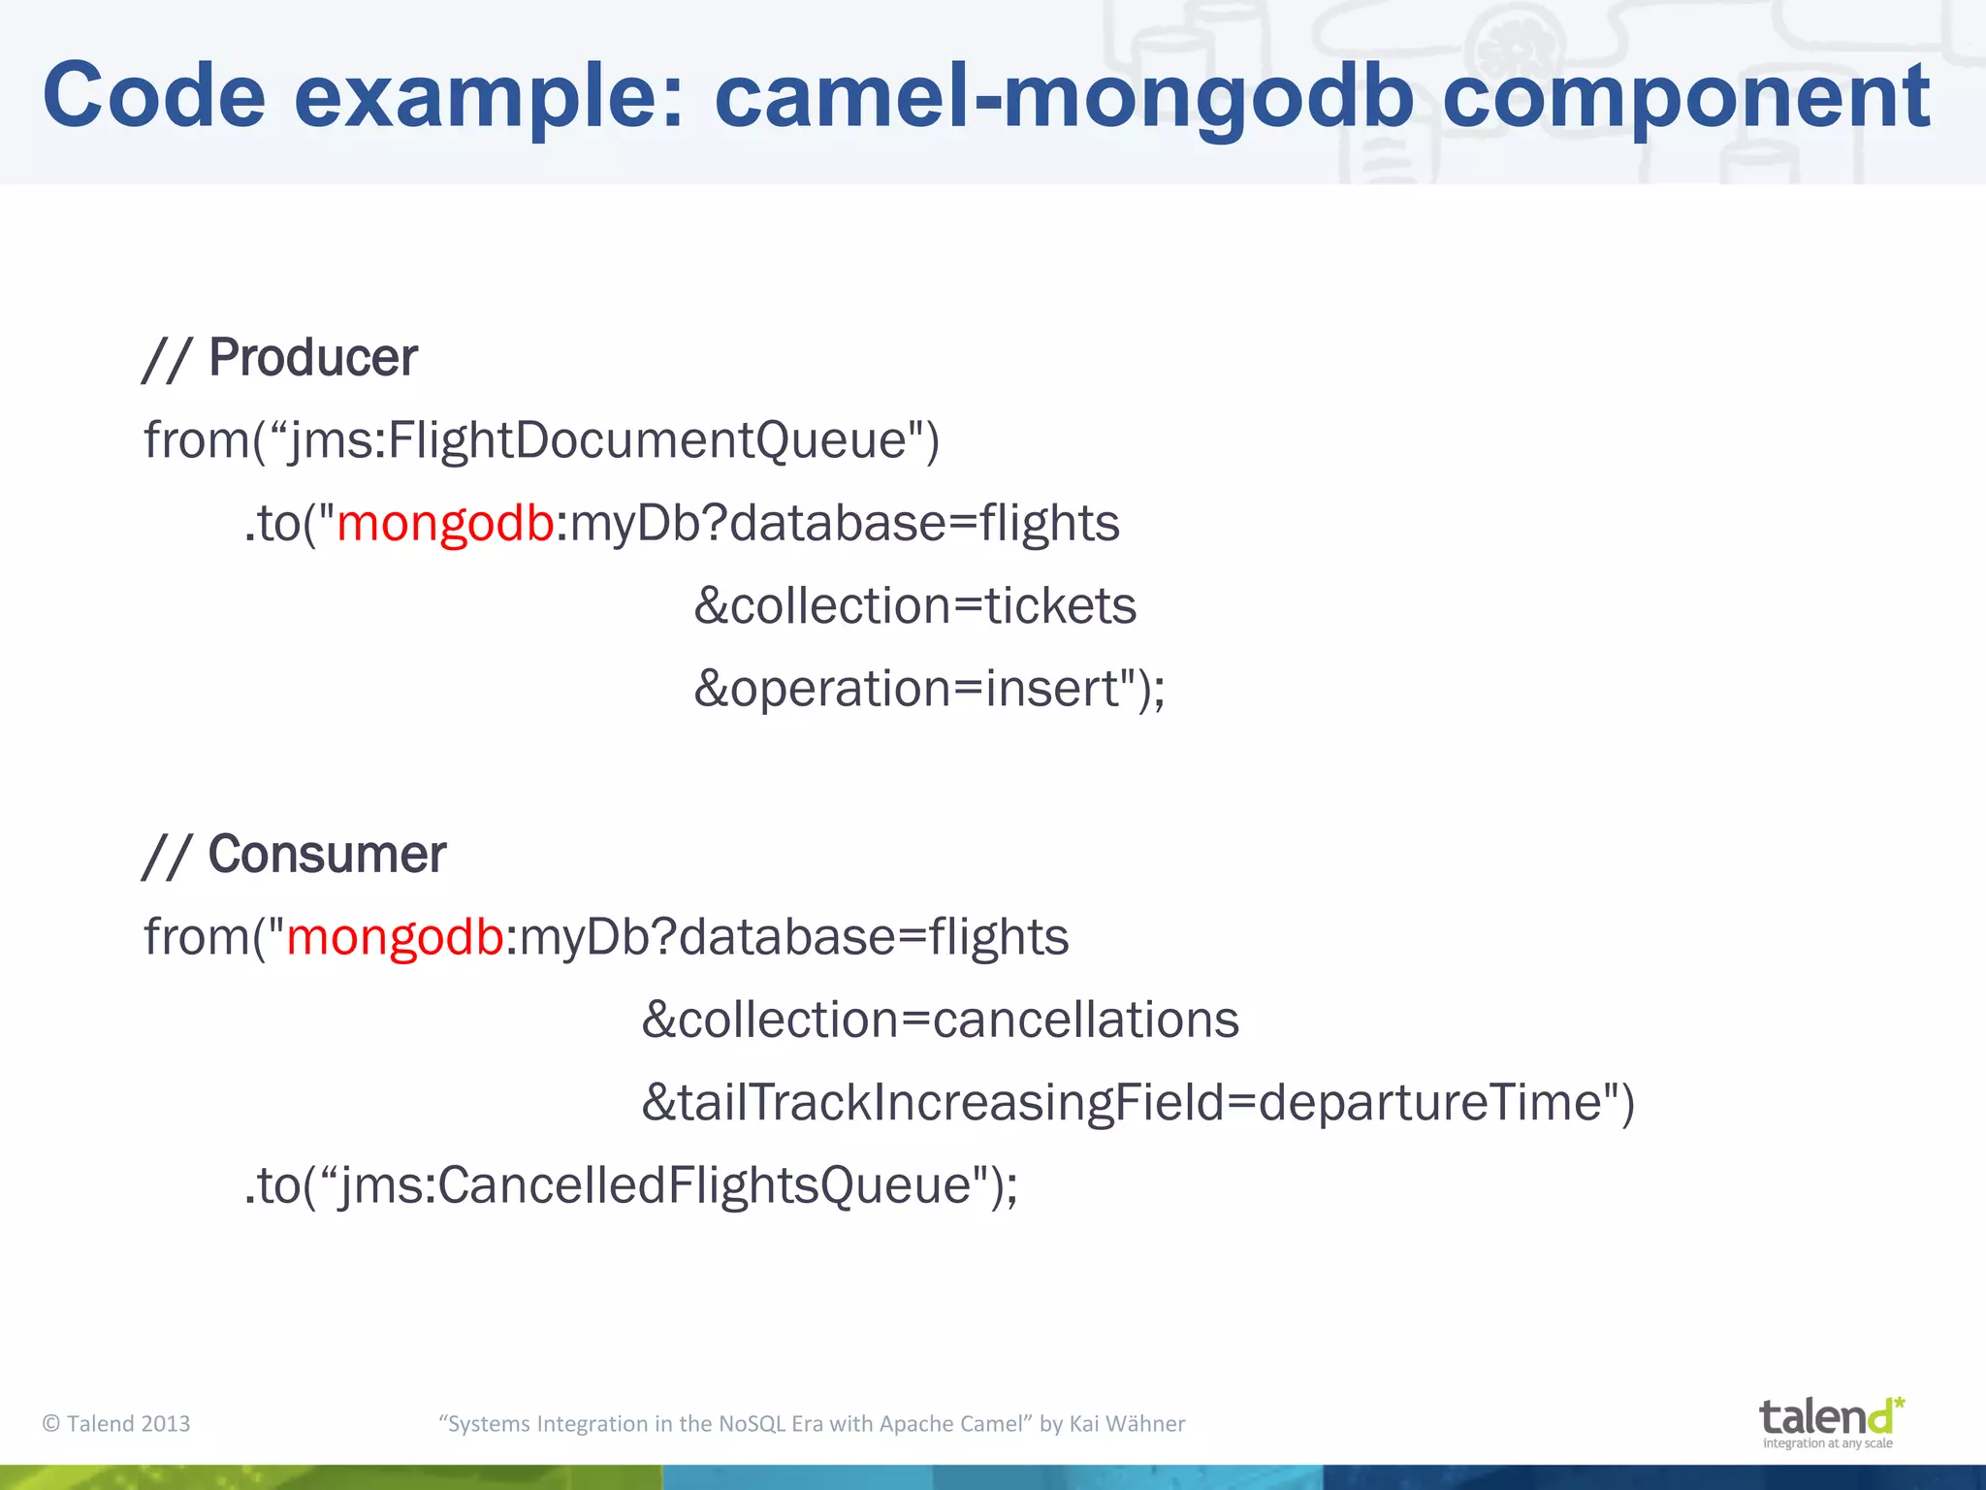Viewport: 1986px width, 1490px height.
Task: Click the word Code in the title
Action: pyautogui.click(x=153, y=95)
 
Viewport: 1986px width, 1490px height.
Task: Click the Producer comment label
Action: pyautogui.click(x=312, y=358)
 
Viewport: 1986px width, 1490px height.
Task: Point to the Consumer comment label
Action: pyautogui.click(x=327, y=855)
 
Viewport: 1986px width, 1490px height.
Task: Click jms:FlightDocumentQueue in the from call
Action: pyautogui.click(x=598, y=440)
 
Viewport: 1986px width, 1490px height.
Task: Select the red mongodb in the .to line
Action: pyautogui.click(x=445, y=523)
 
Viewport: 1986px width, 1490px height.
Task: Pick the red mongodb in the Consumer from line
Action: pyautogui.click(x=395, y=937)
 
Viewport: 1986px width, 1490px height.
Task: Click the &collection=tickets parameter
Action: pyautogui.click(x=914, y=606)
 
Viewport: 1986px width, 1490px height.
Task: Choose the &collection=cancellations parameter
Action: pyautogui.click(x=940, y=1020)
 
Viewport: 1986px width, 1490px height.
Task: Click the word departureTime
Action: pyautogui.click(x=1429, y=1103)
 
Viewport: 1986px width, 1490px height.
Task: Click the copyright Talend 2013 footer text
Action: pyautogui.click(x=116, y=1423)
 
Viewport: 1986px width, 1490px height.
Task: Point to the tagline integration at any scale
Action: pyautogui.click(x=1827, y=1443)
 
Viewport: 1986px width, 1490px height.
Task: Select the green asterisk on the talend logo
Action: pyautogui.click(x=1899, y=1403)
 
